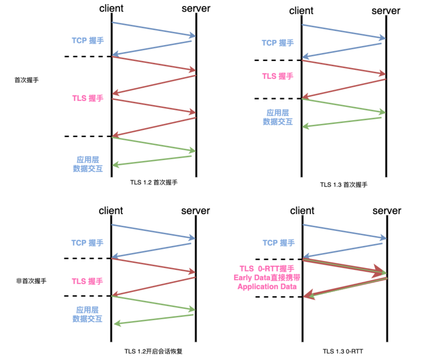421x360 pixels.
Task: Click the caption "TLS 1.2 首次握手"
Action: point(154,182)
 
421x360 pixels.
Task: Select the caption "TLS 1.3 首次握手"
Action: point(344,185)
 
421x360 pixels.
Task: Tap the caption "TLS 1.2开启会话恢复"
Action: point(153,351)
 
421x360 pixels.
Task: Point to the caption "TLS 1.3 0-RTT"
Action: point(343,351)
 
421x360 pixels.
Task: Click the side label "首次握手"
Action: point(27,80)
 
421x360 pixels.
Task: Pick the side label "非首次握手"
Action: point(31,281)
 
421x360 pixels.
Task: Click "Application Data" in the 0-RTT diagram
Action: point(267,287)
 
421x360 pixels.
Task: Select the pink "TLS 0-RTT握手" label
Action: point(267,269)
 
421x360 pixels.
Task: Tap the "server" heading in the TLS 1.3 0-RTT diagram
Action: point(387,211)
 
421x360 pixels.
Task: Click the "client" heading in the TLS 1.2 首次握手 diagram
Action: point(111,8)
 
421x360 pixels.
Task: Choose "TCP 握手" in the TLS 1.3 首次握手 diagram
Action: point(278,43)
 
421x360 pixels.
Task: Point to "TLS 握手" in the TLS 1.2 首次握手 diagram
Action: point(88,98)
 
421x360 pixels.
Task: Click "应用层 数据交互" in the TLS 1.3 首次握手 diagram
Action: point(278,117)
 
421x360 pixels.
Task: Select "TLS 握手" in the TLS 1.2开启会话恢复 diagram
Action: point(87,281)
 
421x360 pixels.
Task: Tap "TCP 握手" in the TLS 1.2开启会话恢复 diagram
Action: point(87,243)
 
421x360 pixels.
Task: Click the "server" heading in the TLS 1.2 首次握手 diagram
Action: point(196,8)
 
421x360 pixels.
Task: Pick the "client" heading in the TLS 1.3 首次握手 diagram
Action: point(301,11)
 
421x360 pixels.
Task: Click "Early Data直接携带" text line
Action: point(267,278)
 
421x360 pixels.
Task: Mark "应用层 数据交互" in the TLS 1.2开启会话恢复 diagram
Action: point(87,314)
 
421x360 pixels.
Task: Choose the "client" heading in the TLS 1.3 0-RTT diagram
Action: point(302,211)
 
